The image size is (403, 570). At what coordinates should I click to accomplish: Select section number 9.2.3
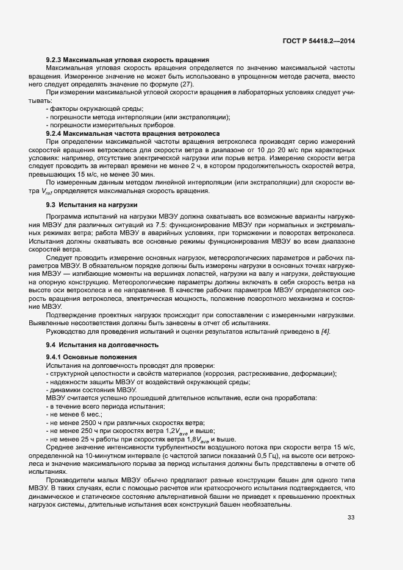[x=55, y=60]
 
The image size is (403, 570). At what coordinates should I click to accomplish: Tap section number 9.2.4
[x=55, y=133]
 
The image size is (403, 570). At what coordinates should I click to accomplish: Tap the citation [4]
[x=325, y=331]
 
